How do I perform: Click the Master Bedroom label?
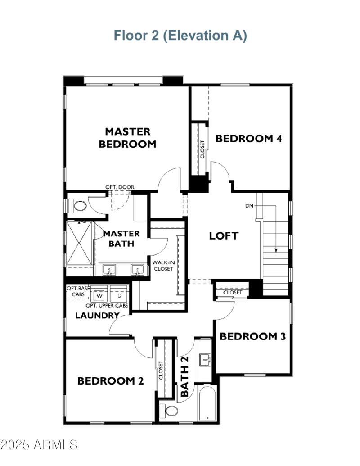127,138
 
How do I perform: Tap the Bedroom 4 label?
248,139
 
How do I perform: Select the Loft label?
223,236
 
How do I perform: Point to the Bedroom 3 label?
253,336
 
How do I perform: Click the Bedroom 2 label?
111,381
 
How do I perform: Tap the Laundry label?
97,316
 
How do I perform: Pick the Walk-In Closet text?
163,265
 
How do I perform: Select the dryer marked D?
120,296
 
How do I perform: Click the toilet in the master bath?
79,206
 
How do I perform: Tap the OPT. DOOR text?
120,187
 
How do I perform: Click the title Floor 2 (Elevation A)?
180,35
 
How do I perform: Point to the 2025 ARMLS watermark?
39,445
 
